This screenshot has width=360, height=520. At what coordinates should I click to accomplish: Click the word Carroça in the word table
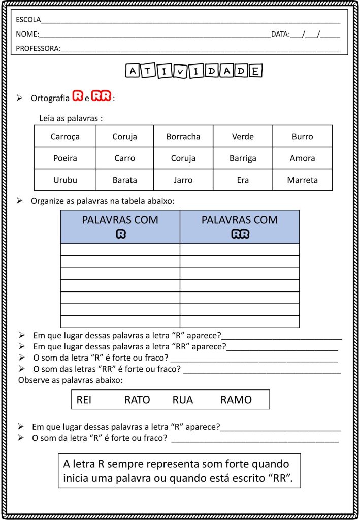(x=65, y=137)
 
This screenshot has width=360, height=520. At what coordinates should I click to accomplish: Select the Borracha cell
(x=183, y=137)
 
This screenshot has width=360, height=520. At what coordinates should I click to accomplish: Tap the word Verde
(x=243, y=137)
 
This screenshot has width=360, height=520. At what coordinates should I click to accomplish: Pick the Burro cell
(x=302, y=137)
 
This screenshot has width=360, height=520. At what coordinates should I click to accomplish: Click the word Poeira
(x=65, y=158)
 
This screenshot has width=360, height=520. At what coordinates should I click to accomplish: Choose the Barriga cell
(x=243, y=158)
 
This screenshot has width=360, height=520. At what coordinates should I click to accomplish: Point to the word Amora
(x=302, y=158)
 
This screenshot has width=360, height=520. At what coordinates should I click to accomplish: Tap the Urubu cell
(x=65, y=180)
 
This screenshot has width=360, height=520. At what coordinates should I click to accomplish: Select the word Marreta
(x=302, y=180)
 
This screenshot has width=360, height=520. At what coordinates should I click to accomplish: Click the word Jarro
(x=183, y=180)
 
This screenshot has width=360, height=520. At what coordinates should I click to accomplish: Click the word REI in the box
(x=84, y=400)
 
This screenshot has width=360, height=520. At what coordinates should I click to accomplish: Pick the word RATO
(x=137, y=400)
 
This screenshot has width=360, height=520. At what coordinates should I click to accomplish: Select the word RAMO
(x=236, y=400)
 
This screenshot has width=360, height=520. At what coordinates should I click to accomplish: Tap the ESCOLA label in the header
(x=28, y=20)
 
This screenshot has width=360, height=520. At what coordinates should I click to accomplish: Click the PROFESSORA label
(x=38, y=49)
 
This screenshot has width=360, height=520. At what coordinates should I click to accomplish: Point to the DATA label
(x=280, y=35)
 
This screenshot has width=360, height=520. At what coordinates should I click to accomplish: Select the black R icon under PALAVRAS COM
(x=120, y=234)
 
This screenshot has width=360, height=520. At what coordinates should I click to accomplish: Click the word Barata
(x=124, y=180)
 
